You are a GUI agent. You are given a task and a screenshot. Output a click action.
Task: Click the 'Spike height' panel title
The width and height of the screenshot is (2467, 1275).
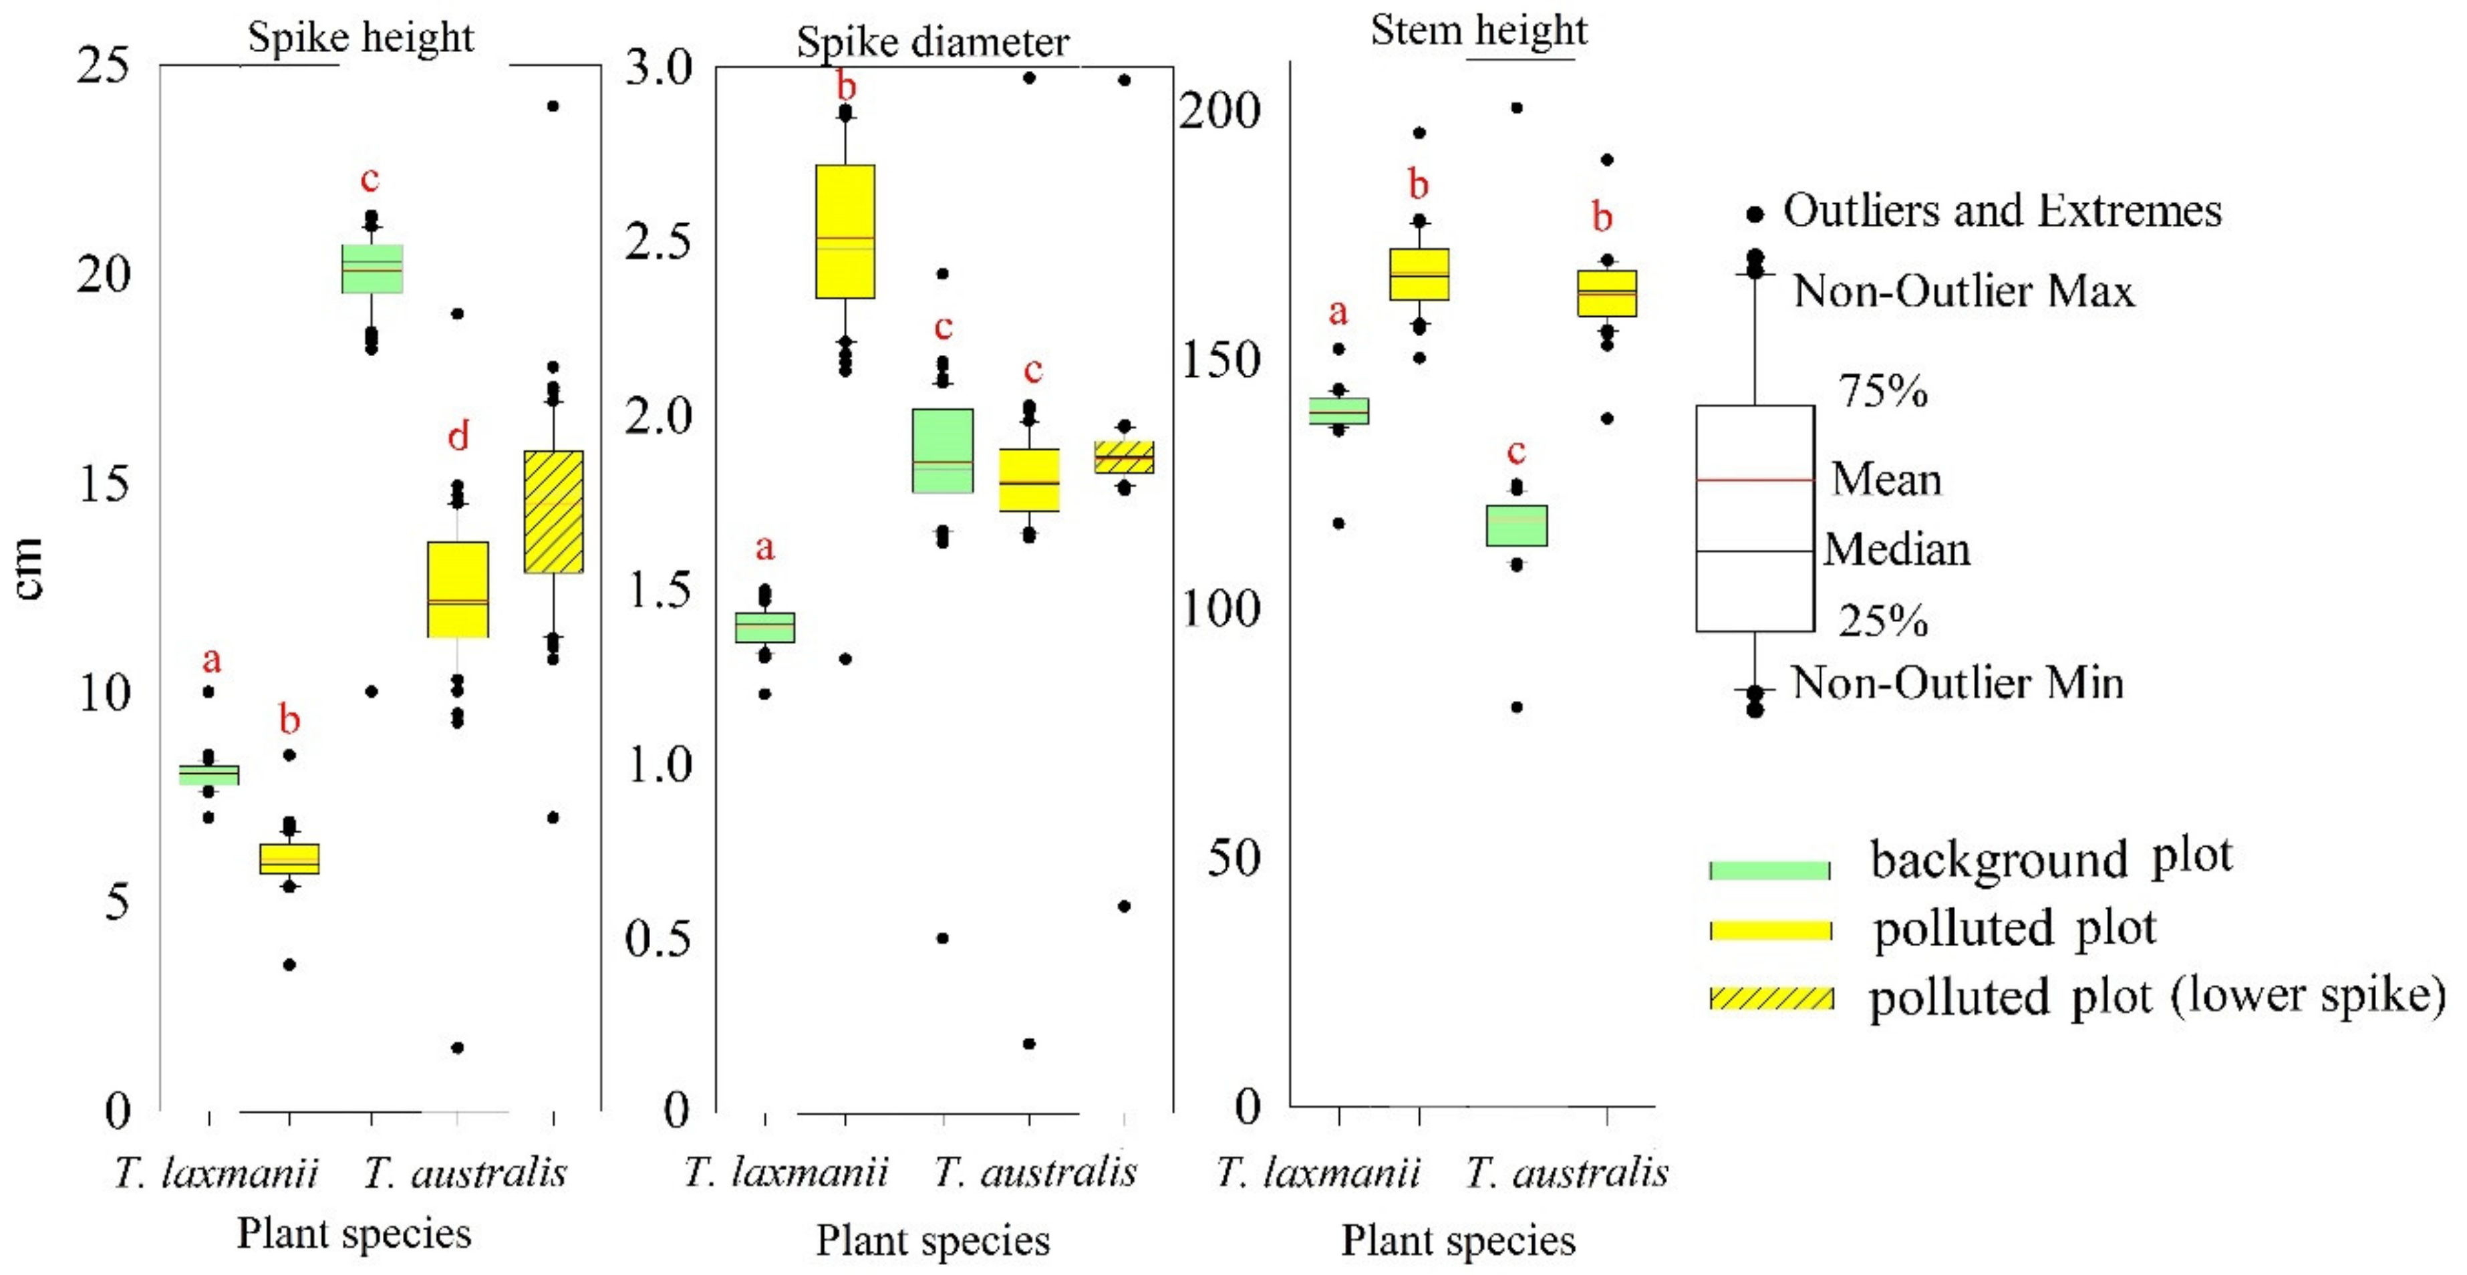click(x=361, y=38)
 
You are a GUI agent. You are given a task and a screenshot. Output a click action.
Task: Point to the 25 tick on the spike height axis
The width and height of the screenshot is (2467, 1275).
click(x=102, y=66)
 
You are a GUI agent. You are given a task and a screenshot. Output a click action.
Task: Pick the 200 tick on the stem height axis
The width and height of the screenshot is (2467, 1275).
click(x=1218, y=111)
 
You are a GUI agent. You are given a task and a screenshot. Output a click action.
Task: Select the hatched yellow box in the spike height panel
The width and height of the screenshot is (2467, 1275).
click(x=553, y=511)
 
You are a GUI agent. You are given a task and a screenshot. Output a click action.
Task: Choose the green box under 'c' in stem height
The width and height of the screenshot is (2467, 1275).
click(x=1516, y=525)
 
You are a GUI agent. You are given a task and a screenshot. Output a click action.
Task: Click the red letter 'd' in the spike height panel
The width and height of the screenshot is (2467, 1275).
click(x=459, y=437)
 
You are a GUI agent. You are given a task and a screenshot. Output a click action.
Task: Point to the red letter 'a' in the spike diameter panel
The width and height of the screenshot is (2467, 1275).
click(x=764, y=548)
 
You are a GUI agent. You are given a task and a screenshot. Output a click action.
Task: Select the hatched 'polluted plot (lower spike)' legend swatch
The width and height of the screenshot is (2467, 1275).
click(x=1771, y=998)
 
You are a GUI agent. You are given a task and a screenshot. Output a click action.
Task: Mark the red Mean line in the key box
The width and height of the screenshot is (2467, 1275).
click(x=1755, y=479)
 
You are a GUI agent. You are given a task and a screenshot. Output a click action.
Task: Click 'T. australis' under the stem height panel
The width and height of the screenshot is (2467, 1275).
click(x=1567, y=1173)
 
